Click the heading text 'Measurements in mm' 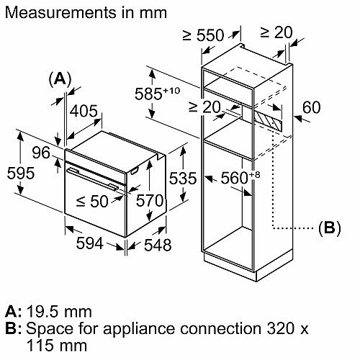85,12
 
